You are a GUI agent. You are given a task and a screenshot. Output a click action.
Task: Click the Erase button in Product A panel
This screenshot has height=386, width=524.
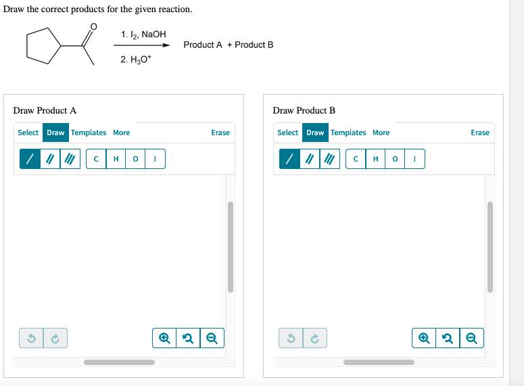click(x=220, y=132)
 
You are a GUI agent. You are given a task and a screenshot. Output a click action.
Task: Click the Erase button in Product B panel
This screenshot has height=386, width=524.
click(x=479, y=132)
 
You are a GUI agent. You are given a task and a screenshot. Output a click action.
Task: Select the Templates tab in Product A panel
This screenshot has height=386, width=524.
click(x=89, y=132)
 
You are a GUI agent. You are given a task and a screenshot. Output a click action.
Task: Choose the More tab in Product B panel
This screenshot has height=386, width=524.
click(x=381, y=132)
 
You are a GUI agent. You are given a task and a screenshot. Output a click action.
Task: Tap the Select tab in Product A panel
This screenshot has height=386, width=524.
click(x=28, y=132)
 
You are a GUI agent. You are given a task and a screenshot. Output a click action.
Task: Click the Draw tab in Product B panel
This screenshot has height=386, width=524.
click(x=315, y=132)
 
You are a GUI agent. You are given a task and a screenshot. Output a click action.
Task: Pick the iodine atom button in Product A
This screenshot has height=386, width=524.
click(x=156, y=159)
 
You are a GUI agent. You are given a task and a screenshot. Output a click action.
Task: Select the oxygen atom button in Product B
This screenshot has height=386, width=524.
click(x=396, y=159)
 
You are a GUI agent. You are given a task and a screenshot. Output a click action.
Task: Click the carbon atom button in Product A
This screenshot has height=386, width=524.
click(x=97, y=159)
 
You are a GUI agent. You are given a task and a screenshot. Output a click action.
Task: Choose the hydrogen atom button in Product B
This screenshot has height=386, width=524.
click(x=376, y=159)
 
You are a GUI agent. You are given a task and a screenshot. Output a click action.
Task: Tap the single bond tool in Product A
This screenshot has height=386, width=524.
click(x=30, y=159)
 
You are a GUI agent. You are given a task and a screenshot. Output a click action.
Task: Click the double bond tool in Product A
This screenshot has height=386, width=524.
click(x=50, y=159)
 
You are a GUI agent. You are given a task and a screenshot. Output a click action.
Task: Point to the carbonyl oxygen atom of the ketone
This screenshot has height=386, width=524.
click(x=93, y=26)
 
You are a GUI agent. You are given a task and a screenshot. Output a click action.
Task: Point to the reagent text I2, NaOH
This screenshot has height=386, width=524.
click(x=143, y=34)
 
